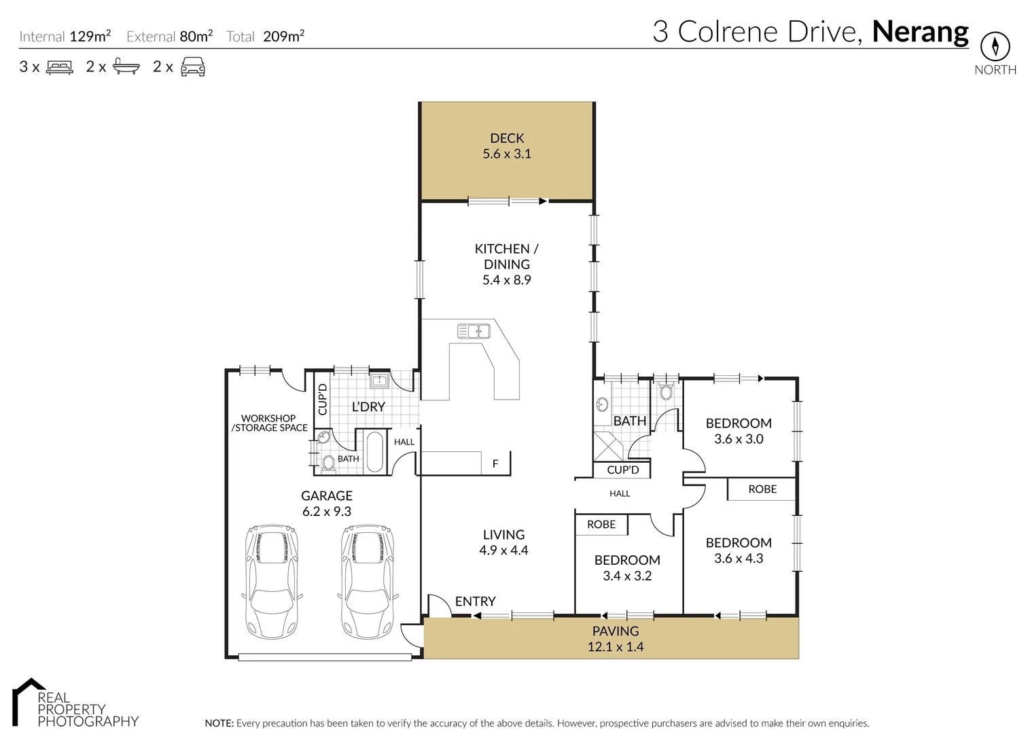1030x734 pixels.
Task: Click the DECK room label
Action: [x=507, y=139]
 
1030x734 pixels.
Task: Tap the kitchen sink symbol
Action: [x=474, y=331]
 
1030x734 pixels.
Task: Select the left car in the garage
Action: [x=271, y=582]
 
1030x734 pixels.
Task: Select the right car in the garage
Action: [x=367, y=582]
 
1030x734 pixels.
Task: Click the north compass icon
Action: [x=995, y=47]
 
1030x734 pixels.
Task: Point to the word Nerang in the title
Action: [x=920, y=32]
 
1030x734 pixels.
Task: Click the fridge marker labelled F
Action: [x=495, y=464]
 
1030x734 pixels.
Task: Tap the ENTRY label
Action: [x=475, y=601]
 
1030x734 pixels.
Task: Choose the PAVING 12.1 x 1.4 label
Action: [x=616, y=639]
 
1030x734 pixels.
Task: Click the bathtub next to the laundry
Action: [x=374, y=451]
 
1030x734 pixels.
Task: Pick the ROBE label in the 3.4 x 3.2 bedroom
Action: [x=601, y=525]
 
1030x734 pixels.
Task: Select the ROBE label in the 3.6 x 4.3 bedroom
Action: [x=762, y=489]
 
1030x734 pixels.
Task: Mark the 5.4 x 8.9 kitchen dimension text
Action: [x=507, y=280]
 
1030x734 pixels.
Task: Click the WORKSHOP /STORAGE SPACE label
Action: [x=269, y=423]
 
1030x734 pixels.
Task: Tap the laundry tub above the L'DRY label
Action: [x=379, y=381]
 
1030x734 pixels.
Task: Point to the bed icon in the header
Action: [x=59, y=67]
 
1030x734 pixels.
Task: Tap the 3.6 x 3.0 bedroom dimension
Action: [x=739, y=439]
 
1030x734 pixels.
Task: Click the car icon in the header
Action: [x=193, y=67]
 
